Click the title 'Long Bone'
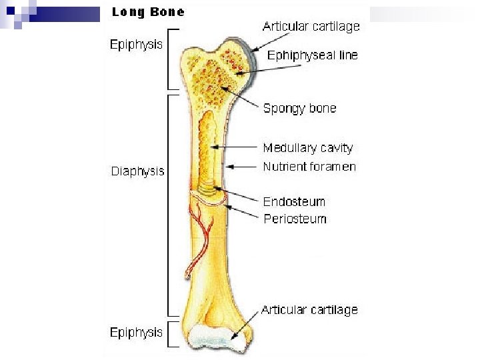point(148,12)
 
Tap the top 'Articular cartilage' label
point(311,27)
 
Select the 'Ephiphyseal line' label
point(312,55)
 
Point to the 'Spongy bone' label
point(299,108)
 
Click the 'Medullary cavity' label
point(307,148)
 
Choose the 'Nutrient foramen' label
point(309,167)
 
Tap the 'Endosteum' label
point(294,201)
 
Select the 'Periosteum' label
point(295,219)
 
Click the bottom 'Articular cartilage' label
point(309,310)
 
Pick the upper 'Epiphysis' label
point(136,45)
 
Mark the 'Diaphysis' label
point(137,171)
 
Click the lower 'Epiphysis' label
point(136,332)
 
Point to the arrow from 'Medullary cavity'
point(235,147)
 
